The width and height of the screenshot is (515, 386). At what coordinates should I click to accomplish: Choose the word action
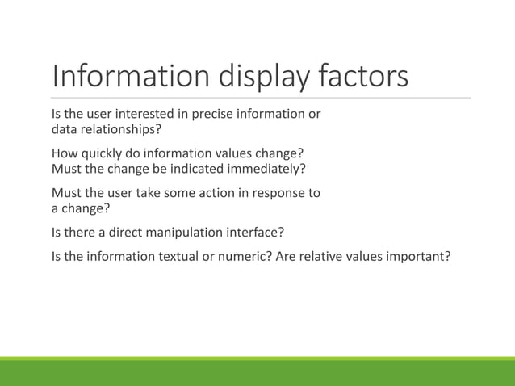[217, 194]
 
